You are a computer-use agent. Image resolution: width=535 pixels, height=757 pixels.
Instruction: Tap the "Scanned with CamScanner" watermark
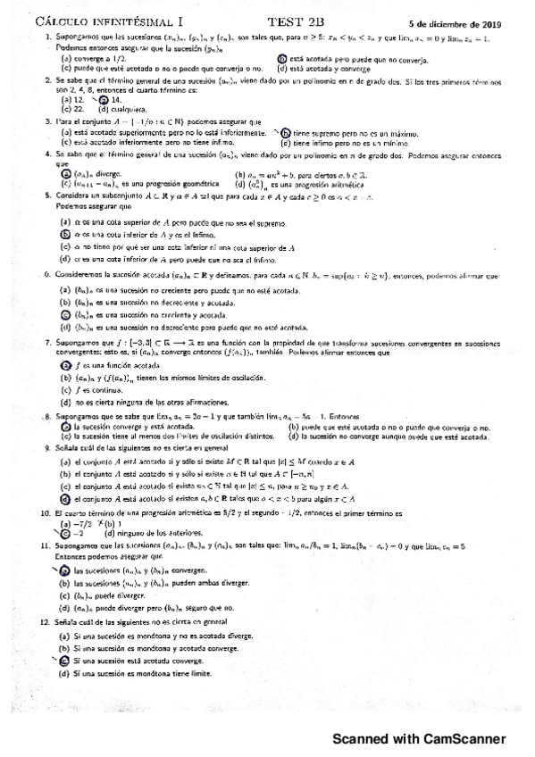(419, 739)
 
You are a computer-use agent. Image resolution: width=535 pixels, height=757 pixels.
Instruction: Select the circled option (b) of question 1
(284, 58)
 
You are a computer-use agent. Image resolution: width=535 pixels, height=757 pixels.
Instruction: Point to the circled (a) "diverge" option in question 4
(65, 175)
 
